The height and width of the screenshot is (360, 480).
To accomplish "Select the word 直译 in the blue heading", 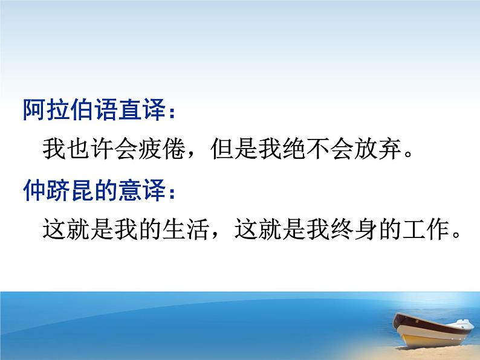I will (x=141, y=109).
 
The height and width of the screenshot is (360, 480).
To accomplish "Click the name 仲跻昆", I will (x=58, y=190).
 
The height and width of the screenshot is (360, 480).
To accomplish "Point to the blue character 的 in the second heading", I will (x=106, y=190).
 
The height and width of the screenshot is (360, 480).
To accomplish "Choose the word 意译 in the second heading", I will (x=141, y=190).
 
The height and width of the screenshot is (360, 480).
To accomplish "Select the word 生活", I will (x=187, y=230).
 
